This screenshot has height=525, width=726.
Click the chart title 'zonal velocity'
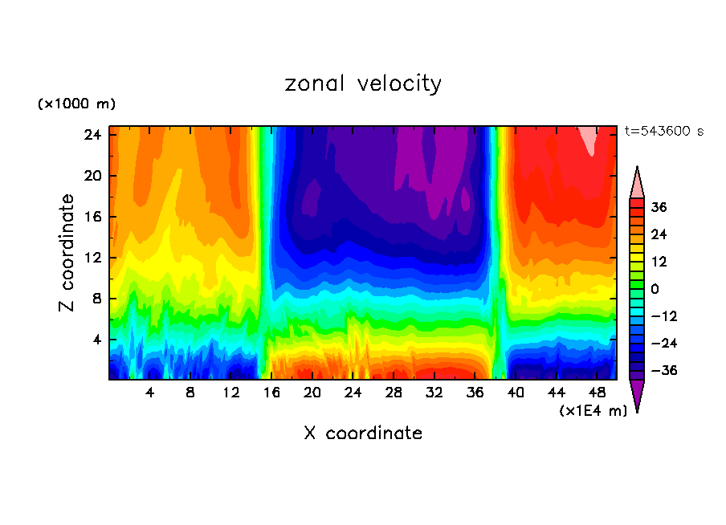[x=363, y=83]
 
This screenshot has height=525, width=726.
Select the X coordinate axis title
[x=363, y=433]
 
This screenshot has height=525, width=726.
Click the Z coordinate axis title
[x=67, y=253]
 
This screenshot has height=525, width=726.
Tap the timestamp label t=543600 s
[x=663, y=131]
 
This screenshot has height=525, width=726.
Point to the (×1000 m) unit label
[x=76, y=104]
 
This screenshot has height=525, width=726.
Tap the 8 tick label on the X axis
[x=190, y=393]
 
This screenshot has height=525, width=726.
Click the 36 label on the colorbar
[x=659, y=207]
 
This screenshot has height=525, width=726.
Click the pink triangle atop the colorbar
[x=637, y=183]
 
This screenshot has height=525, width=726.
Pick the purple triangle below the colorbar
[x=637, y=395]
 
